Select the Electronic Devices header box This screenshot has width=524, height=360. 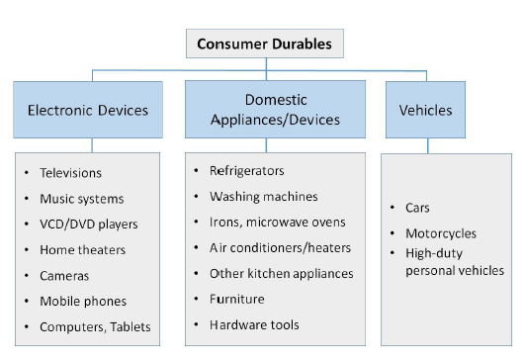(x=88, y=111)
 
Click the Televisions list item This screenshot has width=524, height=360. (x=70, y=173)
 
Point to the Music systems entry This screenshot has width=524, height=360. (x=81, y=199)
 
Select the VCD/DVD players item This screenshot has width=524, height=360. (x=88, y=224)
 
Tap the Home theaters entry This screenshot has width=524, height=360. (x=82, y=250)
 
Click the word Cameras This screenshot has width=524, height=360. (x=63, y=275)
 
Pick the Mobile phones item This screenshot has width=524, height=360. (x=83, y=301)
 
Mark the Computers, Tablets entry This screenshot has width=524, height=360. (x=95, y=326)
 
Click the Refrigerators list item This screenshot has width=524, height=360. (x=246, y=170)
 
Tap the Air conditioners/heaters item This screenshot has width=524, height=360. (x=280, y=247)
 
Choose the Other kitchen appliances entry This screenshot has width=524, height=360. (x=281, y=273)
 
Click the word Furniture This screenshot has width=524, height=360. (x=235, y=299)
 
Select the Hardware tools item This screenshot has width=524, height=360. (x=254, y=324)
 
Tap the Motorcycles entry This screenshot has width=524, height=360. (x=440, y=233)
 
